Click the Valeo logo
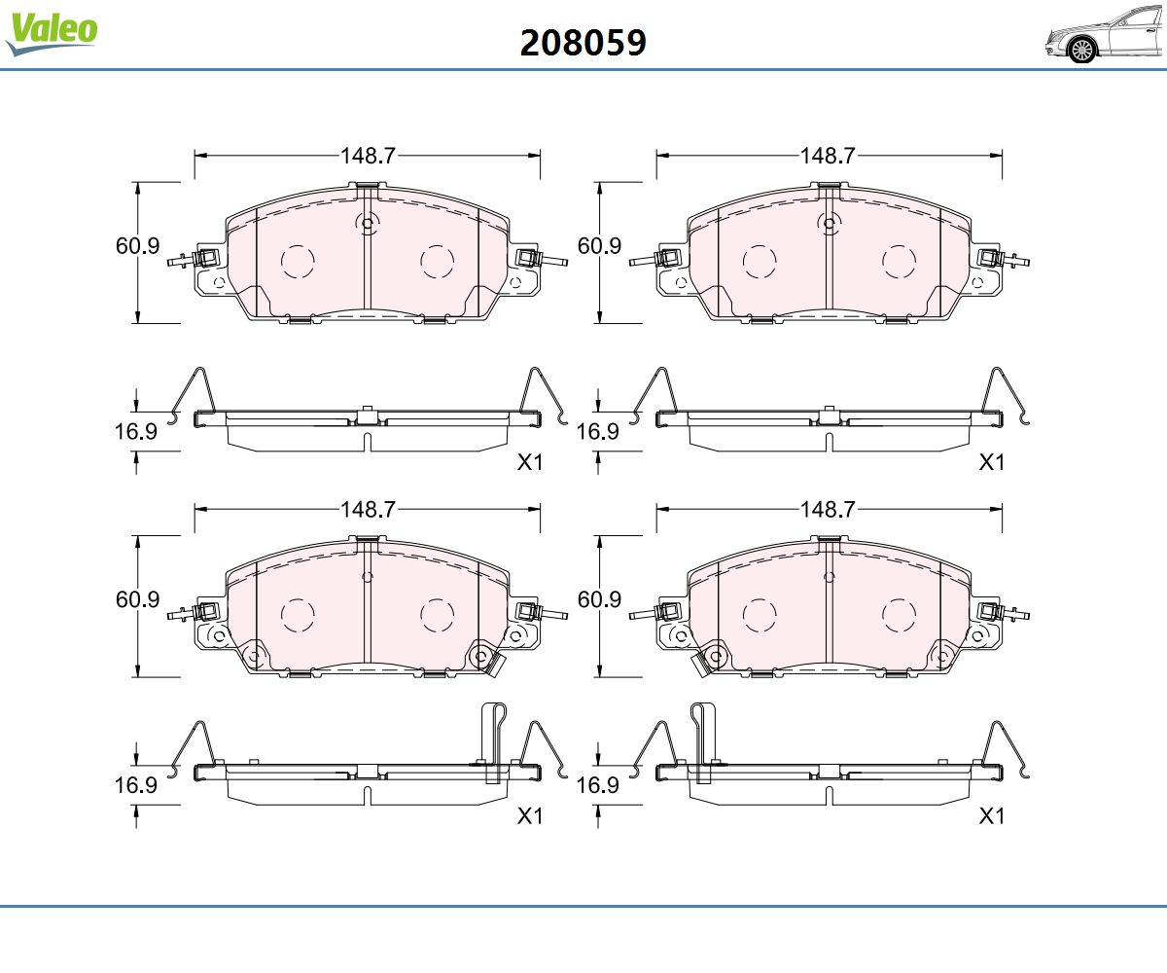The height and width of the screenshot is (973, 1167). [x=52, y=33]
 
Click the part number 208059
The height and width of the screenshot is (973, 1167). [x=583, y=43]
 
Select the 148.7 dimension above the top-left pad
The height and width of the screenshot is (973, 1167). [x=368, y=156]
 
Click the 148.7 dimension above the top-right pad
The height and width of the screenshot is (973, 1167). [x=828, y=156]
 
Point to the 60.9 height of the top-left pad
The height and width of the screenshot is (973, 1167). [x=137, y=246]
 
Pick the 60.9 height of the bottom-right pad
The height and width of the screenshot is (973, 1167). [x=599, y=599]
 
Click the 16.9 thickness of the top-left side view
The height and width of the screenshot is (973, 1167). [x=136, y=432]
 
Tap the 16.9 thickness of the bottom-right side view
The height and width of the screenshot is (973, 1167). [x=597, y=785]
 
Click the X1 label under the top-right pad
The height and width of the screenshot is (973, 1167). [x=992, y=462]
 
